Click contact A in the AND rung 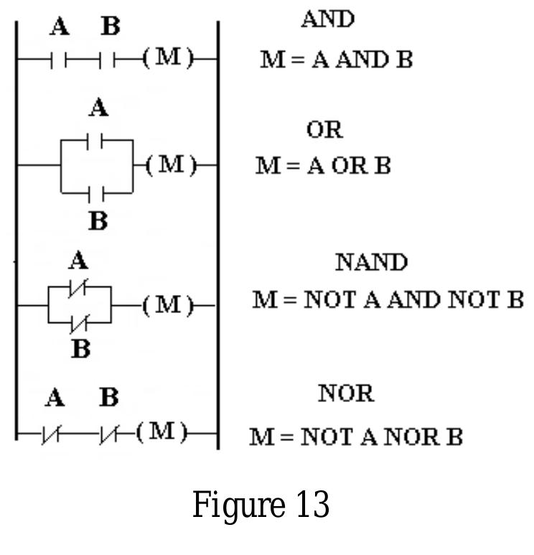59,60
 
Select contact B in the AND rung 107,60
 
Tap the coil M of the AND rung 169,57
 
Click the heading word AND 328,19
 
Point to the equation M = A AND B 337,60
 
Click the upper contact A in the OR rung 95,141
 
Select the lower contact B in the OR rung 96,193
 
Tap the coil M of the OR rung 172,165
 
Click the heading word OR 325,130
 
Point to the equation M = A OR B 323,166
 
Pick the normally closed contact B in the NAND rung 79,324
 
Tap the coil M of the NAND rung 169,305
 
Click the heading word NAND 372,262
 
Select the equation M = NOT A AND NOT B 388,299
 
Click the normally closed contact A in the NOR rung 51,434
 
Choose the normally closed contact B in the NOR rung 109,434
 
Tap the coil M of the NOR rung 162,432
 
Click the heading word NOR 346,393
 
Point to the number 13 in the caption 313,504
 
